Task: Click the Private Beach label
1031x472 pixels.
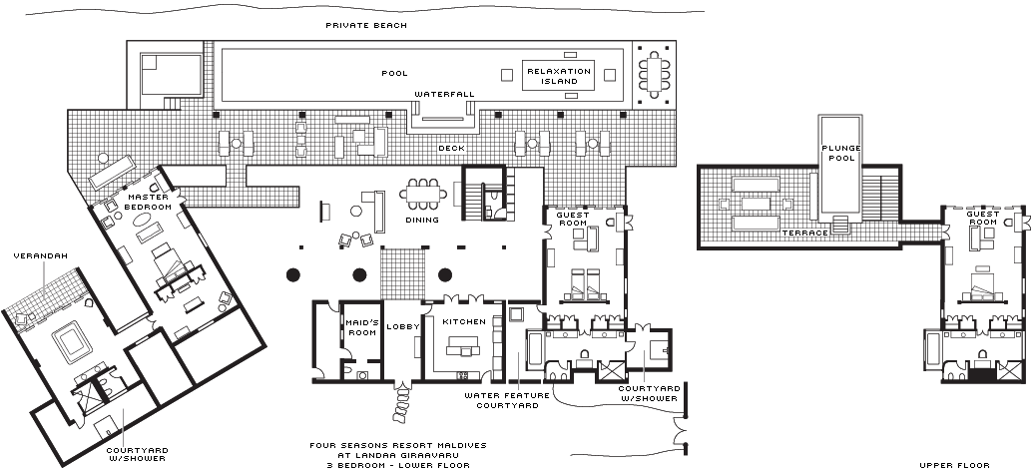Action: click(366, 24)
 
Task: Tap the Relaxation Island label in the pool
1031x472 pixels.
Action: click(559, 76)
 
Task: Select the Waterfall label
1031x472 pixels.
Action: click(444, 94)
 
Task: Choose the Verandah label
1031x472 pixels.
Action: click(40, 256)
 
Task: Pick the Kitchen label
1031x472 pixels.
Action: click(465, 321)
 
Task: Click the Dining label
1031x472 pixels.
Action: click(422, 220)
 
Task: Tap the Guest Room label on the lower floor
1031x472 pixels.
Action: click(573, 220)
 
